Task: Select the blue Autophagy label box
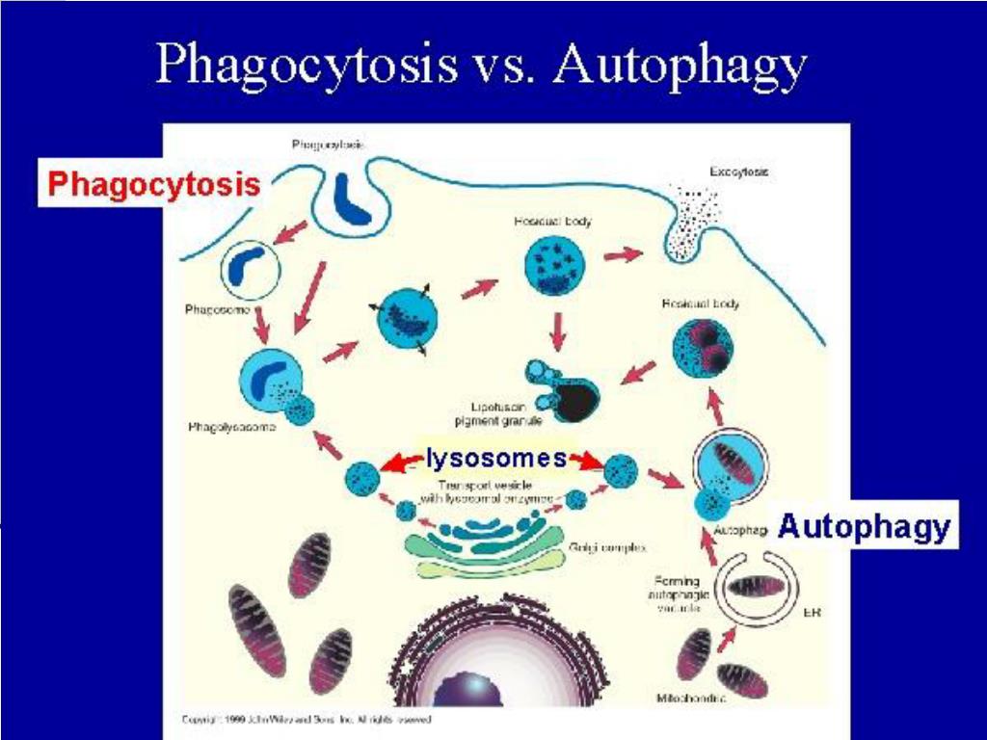864,526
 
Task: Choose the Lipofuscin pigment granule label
498,414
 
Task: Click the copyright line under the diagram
307,720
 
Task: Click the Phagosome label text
218,310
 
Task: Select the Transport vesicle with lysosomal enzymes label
486,492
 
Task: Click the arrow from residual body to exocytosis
623,255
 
